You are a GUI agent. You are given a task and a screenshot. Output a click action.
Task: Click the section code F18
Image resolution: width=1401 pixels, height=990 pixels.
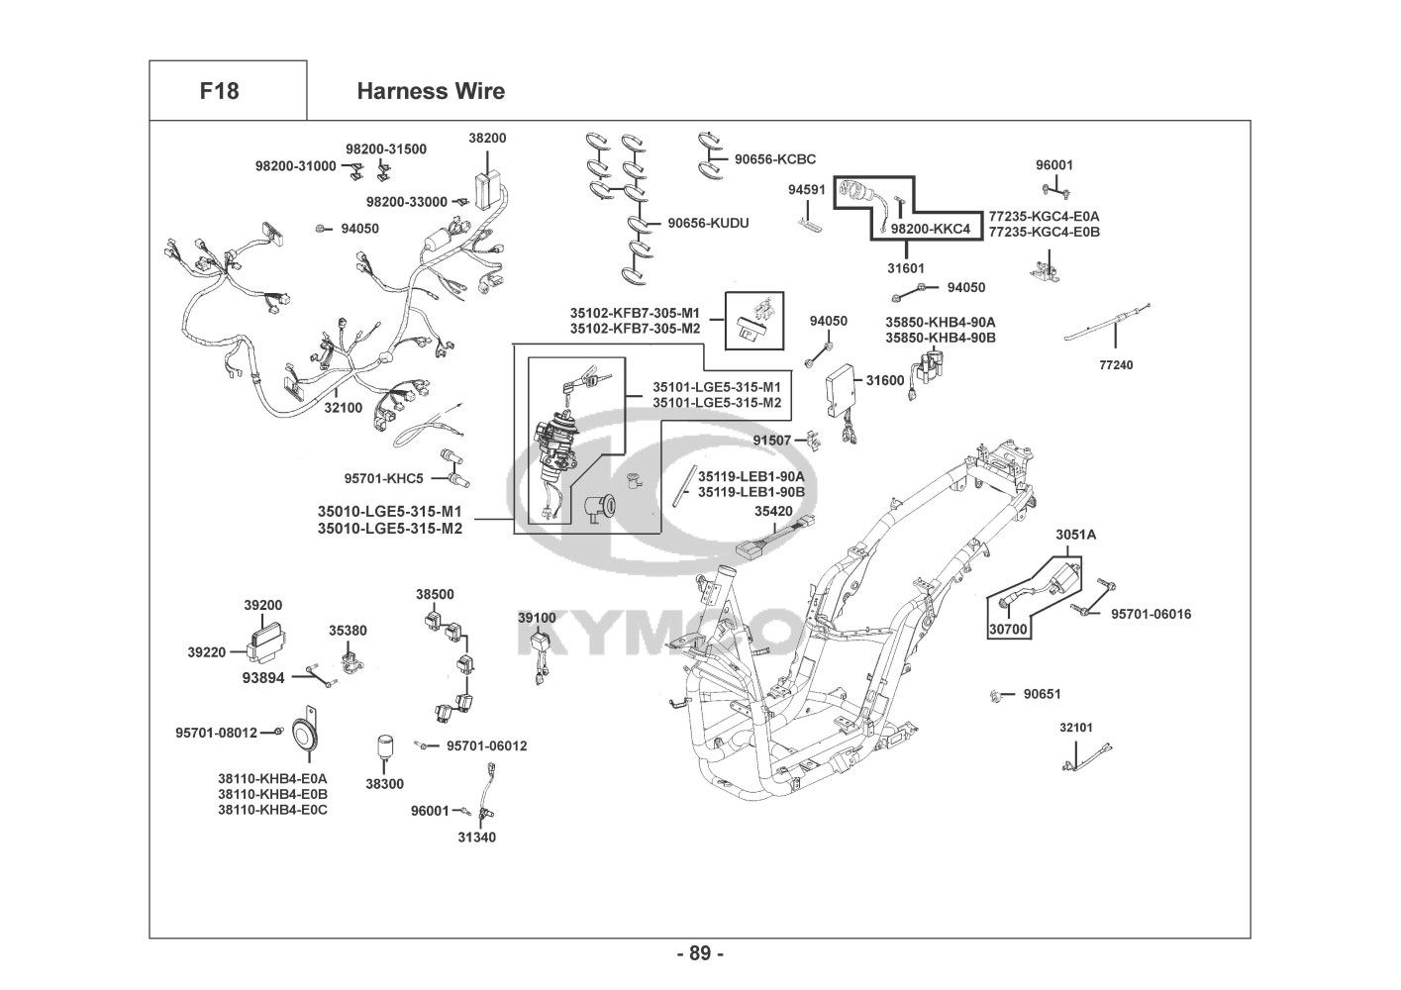click(x=219, y=91)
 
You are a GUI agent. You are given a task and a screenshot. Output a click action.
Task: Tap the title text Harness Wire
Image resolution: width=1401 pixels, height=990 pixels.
click(x=430, y=91)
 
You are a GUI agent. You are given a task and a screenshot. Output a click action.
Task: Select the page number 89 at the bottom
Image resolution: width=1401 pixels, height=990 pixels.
click(x=700, y=953)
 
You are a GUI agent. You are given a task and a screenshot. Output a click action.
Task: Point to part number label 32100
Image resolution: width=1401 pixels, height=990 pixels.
click(x=344, y=407)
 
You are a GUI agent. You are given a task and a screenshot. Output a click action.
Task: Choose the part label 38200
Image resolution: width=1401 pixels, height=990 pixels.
click(x=487, y=139)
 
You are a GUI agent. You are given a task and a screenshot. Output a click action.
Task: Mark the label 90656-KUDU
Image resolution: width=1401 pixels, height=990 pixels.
click(x=708, y=223)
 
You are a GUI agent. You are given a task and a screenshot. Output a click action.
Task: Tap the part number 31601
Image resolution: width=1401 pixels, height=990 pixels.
click(x=906, y=267)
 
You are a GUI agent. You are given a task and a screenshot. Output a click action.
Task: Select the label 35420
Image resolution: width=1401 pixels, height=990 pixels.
click(x=773, y=512)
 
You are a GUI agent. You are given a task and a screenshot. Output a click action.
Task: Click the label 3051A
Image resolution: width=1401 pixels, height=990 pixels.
click(x=1075, y=535)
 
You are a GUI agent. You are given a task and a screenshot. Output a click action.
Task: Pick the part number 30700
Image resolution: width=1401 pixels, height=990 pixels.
click(x=1008, y=628)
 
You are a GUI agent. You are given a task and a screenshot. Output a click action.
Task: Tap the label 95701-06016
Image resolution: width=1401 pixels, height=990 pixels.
click(x=1151, y=614)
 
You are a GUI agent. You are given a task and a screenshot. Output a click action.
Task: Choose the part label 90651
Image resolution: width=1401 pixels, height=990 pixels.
click(x=1042, y=694)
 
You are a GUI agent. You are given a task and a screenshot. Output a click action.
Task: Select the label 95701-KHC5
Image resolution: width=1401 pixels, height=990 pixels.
click(x=383, y=478)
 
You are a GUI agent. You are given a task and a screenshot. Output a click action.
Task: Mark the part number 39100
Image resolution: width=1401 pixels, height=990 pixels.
click(x=537, y=618)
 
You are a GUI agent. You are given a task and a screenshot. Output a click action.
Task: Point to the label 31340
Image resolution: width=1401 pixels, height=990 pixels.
click(x=476, y=838)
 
